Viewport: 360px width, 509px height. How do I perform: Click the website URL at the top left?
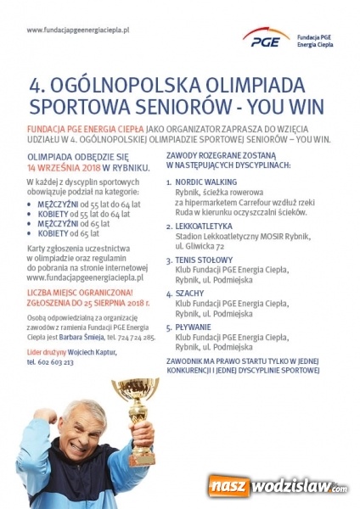[77, 30]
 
